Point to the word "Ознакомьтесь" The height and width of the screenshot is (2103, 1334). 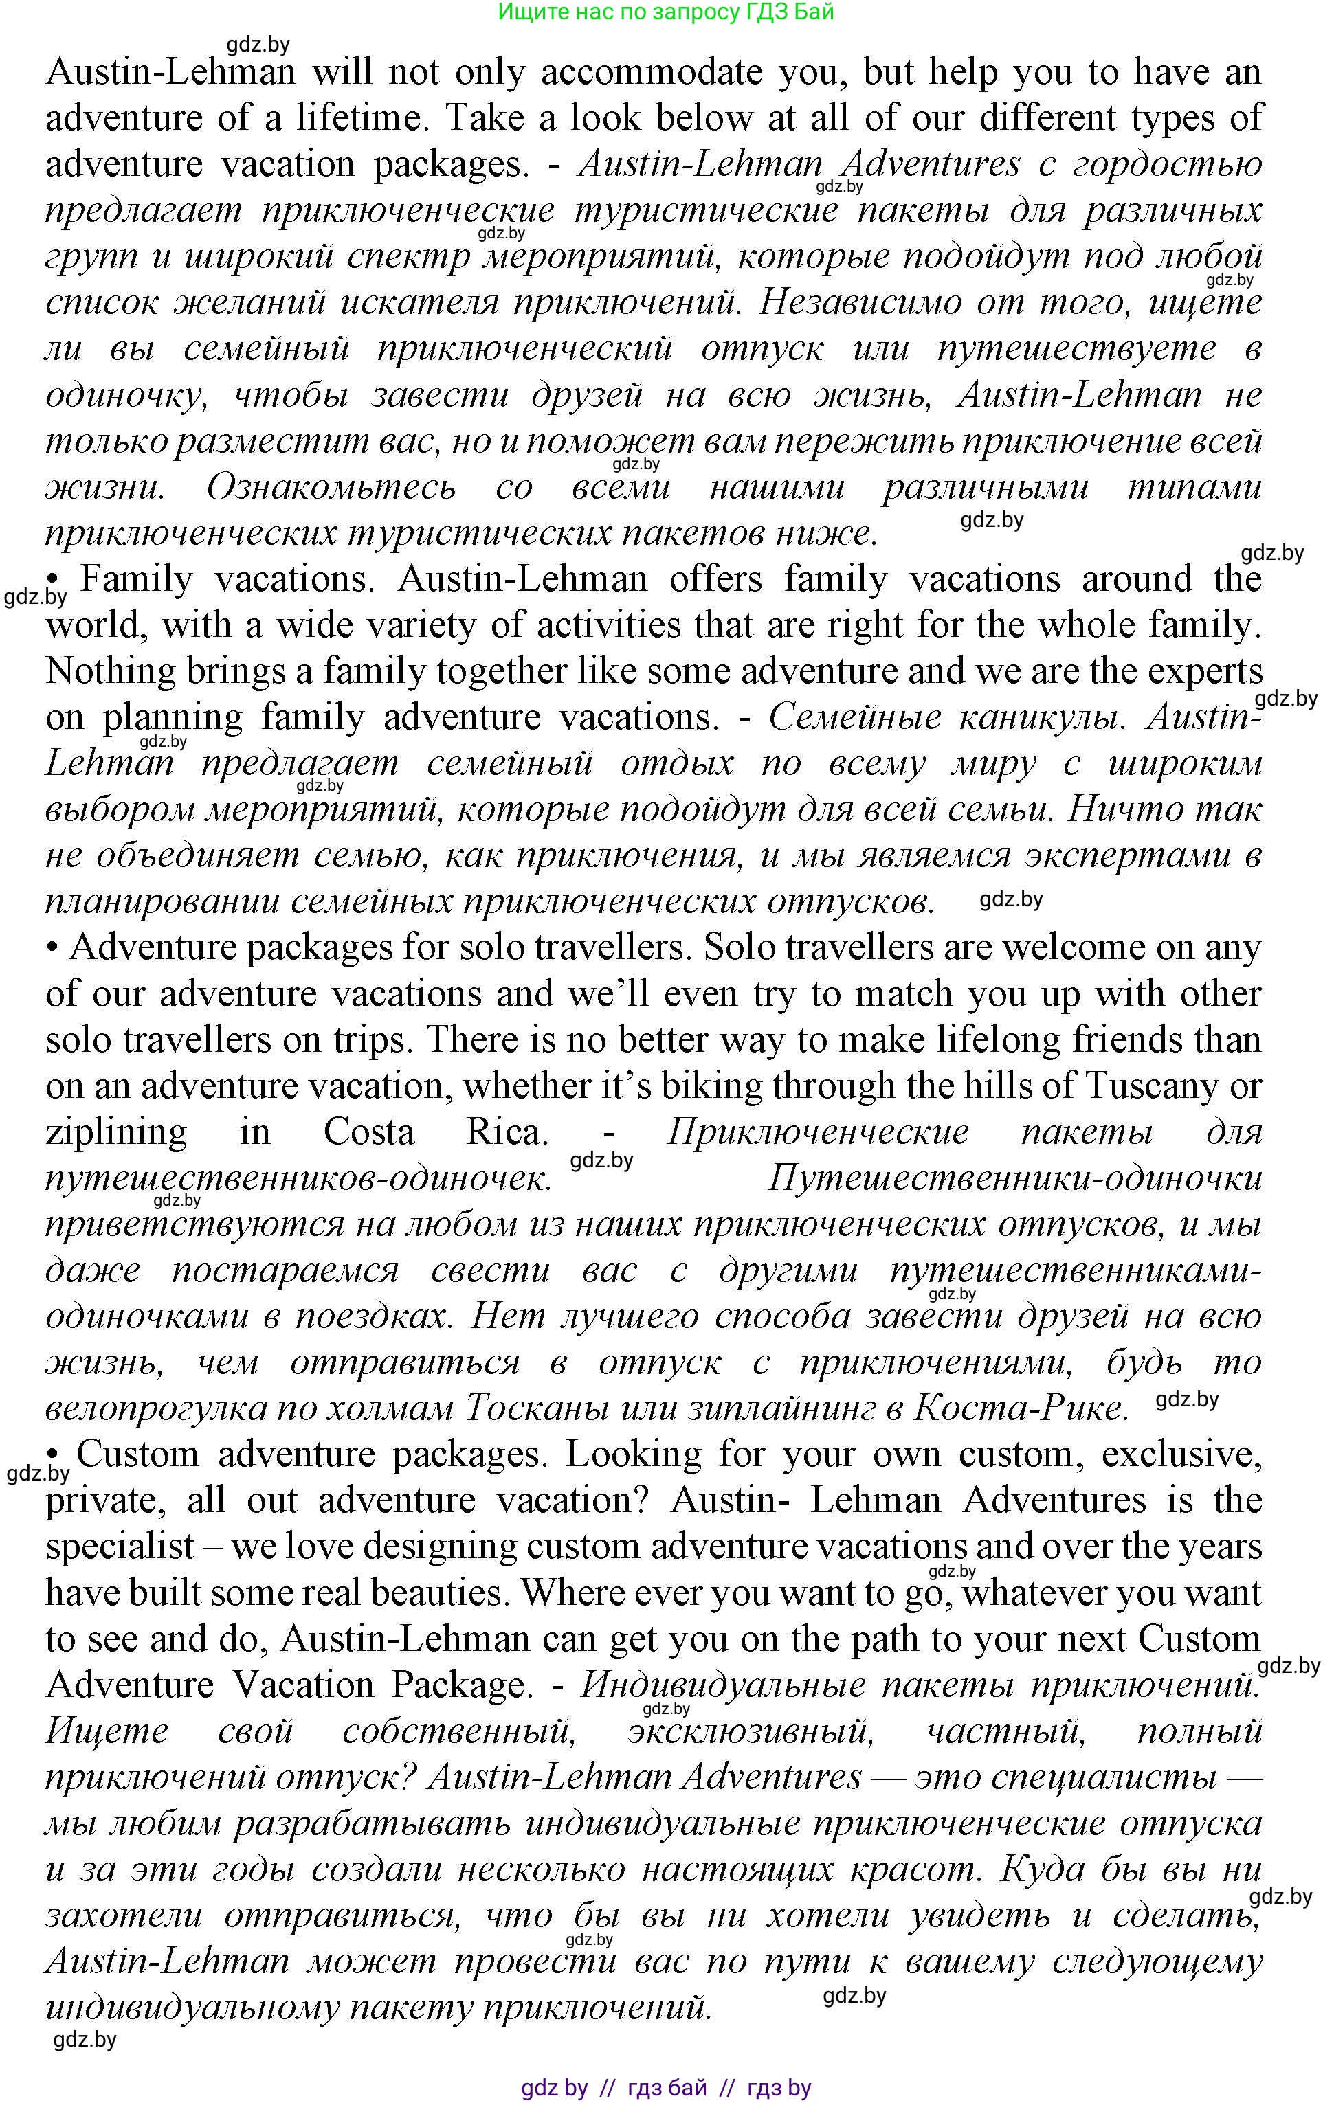pyautogui.click(x=331, y=487)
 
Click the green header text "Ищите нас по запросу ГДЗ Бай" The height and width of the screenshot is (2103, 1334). pyautogui.click(x=666, y=12)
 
